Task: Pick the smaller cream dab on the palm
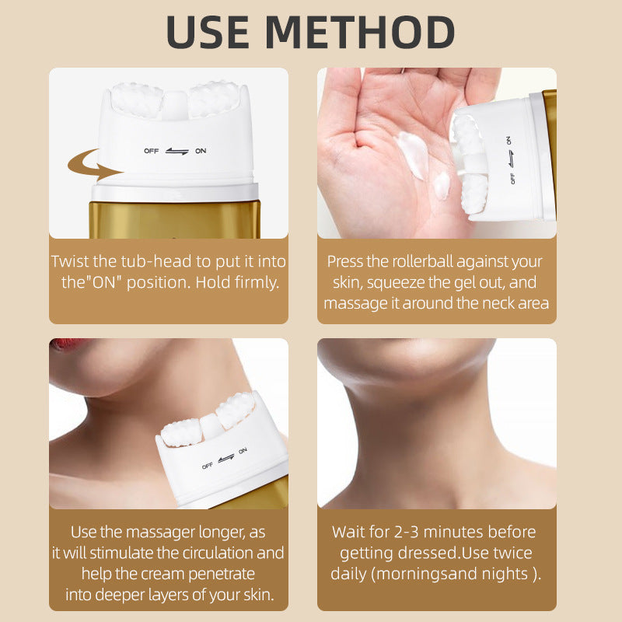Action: pos(442,185)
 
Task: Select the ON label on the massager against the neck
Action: pos(243,450)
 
